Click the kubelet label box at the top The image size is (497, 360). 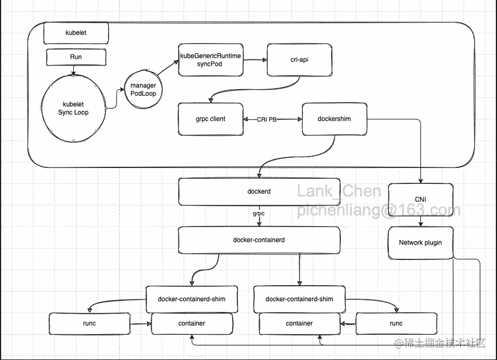click(76, 33)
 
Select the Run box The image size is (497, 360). click(76, 57)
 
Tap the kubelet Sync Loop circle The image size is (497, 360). click(73, 108)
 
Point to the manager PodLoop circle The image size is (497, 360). click(144, 89)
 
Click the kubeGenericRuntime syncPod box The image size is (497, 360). click(211, 60)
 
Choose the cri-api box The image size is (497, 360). click(300, 60)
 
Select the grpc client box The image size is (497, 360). click(211, 119)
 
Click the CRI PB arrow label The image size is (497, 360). click(267, 119)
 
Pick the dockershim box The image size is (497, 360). click(335, 119)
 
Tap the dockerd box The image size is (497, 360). click(259, 191)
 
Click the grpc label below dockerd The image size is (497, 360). click(259, 213)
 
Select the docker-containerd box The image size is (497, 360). click(259, 240)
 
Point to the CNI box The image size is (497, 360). click(420, 199)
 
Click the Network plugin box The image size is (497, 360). click(420, 243)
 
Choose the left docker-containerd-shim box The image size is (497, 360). click(192, 299)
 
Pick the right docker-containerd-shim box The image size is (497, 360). click(300, 299)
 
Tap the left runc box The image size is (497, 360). click(89, 323)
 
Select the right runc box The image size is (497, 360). click(396, 323)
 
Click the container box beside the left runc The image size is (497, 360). click(192, 323)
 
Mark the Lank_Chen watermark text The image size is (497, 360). click(339, 191)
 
